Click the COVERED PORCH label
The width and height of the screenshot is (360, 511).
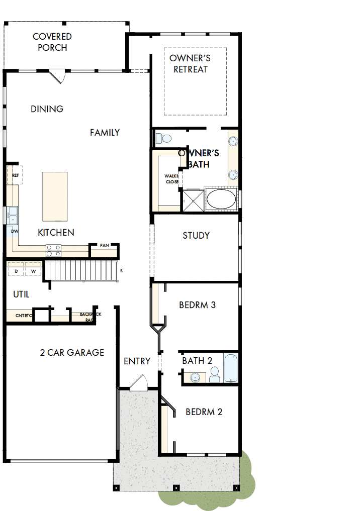[x=52, y=42]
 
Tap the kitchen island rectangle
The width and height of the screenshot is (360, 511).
[x=55, y=196]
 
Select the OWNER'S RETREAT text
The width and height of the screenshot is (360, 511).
[x=190, y=64]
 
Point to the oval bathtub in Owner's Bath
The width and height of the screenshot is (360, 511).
[x=221, y=199]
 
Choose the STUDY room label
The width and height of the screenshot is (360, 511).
[x=196, y=235]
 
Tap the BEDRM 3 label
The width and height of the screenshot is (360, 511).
[x=198, y=305]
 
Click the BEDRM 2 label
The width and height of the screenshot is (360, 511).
[x=204, y=412]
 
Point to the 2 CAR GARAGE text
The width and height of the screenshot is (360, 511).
[x=72, y=353]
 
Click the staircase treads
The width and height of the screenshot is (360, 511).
[x=80, y=271]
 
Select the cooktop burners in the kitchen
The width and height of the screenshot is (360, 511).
[x=54, y=250]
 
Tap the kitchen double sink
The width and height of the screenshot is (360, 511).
[x=12, y=216]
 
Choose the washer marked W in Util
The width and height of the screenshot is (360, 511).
[x=34, y=271]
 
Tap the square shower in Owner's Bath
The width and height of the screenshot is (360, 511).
[x=193, y=199]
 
